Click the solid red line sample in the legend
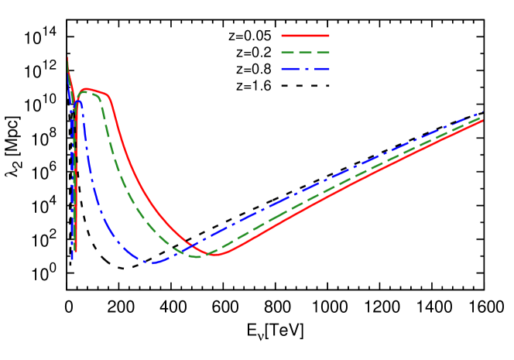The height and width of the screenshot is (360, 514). pyautogui.click(x=305, y=36)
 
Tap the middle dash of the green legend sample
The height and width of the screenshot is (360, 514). pyautogui.click(x=306, y=53)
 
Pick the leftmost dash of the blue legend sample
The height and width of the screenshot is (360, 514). pyautogui.click(x=289, y=70)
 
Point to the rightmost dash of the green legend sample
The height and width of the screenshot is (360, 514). pyautogui.click(x=323, y=53)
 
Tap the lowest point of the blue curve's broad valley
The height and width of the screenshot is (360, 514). pyautogui.click(x=152, y=262)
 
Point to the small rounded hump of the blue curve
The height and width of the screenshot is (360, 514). pyautogui.click(x=78, y=101)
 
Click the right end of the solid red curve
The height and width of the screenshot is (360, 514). pyautogui.click(x=481, y=121)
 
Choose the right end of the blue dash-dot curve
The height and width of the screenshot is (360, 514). pyautogui.click(x=481, y=114)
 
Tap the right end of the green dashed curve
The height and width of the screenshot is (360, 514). pyautogui.click(x=481, y=118)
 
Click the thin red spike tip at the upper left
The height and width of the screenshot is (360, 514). pyautogui.click(x=67, y=58)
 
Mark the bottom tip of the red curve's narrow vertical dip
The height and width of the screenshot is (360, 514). pyautogui.click(x=76, y=251)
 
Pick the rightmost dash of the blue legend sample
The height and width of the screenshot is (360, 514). pyautogui.click(x=323, y=70)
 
